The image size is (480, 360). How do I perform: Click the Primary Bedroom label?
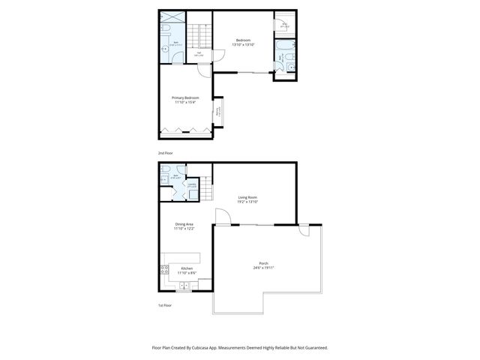184,100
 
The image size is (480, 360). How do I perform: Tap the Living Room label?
247,199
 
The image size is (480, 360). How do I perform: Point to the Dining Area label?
184,226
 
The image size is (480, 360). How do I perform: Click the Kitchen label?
187,269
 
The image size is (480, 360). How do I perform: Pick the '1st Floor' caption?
165,306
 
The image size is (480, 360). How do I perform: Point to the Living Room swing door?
222,217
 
